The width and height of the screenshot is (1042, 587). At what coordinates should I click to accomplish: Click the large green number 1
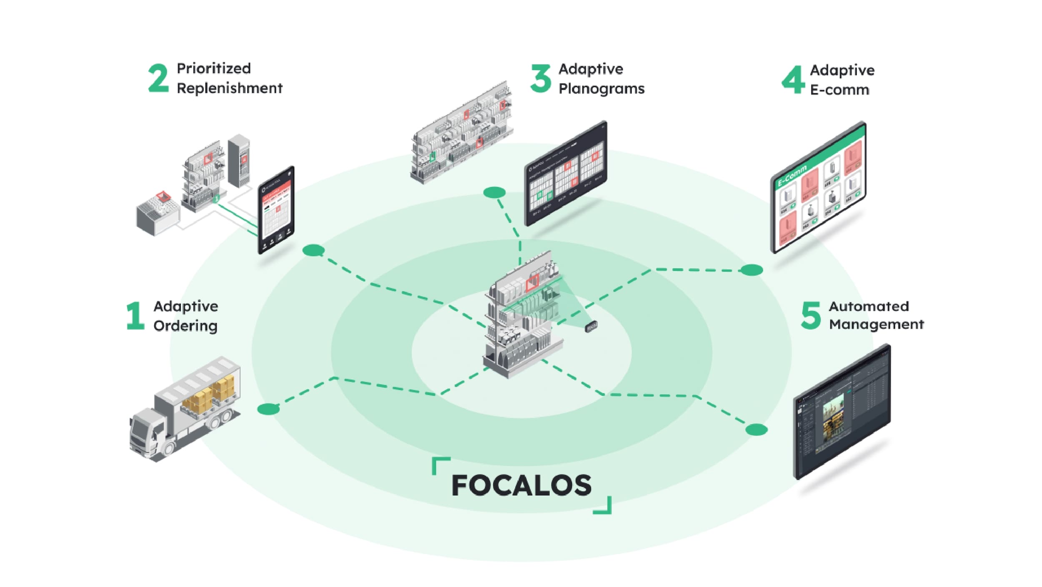[135, 316]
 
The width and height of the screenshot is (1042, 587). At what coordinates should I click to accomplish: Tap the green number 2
[158, 78]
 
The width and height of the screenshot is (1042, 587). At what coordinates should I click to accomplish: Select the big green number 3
[541, 78]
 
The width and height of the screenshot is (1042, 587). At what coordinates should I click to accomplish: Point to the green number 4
[793, 80]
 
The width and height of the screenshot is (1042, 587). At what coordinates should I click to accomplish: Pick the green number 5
[810, 315]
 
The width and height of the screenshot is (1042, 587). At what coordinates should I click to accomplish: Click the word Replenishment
[229, 88]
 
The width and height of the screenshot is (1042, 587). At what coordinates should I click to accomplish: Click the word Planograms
[601, 89]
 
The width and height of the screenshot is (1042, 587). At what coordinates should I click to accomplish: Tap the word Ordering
[185, 326]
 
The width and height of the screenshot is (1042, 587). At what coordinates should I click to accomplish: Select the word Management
[876, 325]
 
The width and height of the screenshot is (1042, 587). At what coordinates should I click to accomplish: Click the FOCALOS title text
[521, 486]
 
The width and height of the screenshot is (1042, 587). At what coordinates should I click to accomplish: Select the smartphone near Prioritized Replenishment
[276, 210]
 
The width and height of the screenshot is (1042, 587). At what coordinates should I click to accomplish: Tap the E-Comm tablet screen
[818, 188]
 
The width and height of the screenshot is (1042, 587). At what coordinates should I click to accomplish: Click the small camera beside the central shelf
[591, 327]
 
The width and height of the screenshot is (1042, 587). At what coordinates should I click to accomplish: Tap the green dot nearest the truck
[268, 409]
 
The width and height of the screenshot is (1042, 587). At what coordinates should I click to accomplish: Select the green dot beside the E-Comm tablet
[751, 270]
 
